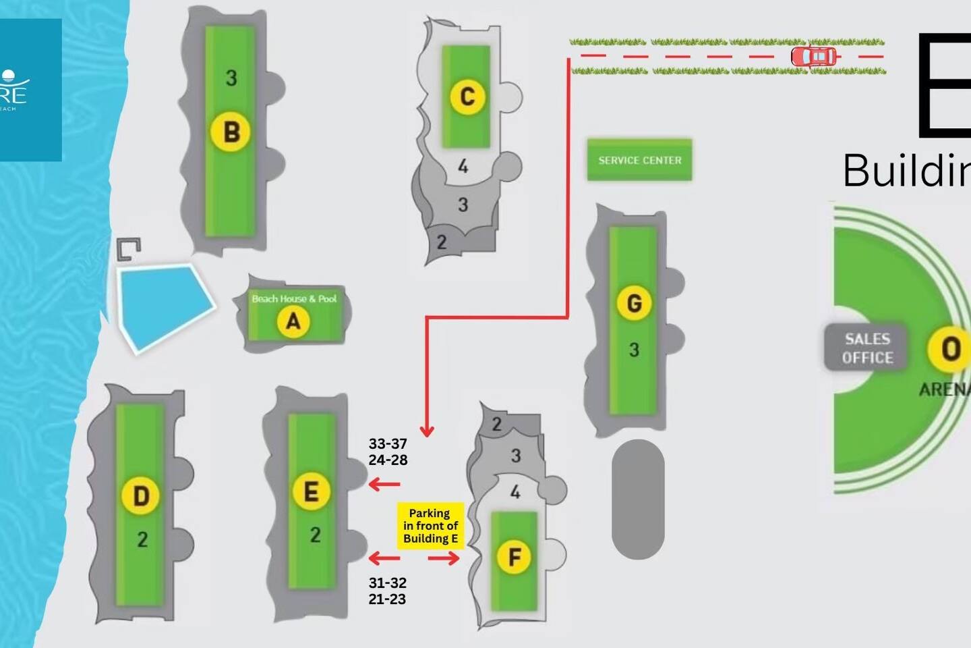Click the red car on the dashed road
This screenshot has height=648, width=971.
(x=815, y=57)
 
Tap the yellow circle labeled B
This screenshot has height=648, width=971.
(x=231, y=132)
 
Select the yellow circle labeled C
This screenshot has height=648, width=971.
(x=467, y=97)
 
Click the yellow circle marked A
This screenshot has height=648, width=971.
(x=293, y=321)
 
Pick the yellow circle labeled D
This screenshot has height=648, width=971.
(x=140, y=496)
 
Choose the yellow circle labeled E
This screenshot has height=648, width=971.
(x=311, y=491)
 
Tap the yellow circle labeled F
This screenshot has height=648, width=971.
(x=514, y=558)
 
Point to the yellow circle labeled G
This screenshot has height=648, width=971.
(x=634, y=303)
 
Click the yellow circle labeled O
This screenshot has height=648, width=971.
(x=949, y=349)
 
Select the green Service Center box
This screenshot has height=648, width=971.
(x=639, y=160)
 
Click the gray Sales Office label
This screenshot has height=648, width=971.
(x=867, y=348)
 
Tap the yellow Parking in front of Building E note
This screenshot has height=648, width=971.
(x=430, y=526)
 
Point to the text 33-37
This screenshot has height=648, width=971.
(x=388, y=443)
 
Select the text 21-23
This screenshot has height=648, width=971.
(x=387, y=599)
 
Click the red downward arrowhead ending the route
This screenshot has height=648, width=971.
(x=426, y=430)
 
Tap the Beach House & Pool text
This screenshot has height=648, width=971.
(x=294, y=298)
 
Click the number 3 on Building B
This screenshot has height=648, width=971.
(x=231, y=78)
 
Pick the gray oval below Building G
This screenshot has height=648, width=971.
(x=638, y=499)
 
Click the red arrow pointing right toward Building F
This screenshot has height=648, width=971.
(x=444, y=558)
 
